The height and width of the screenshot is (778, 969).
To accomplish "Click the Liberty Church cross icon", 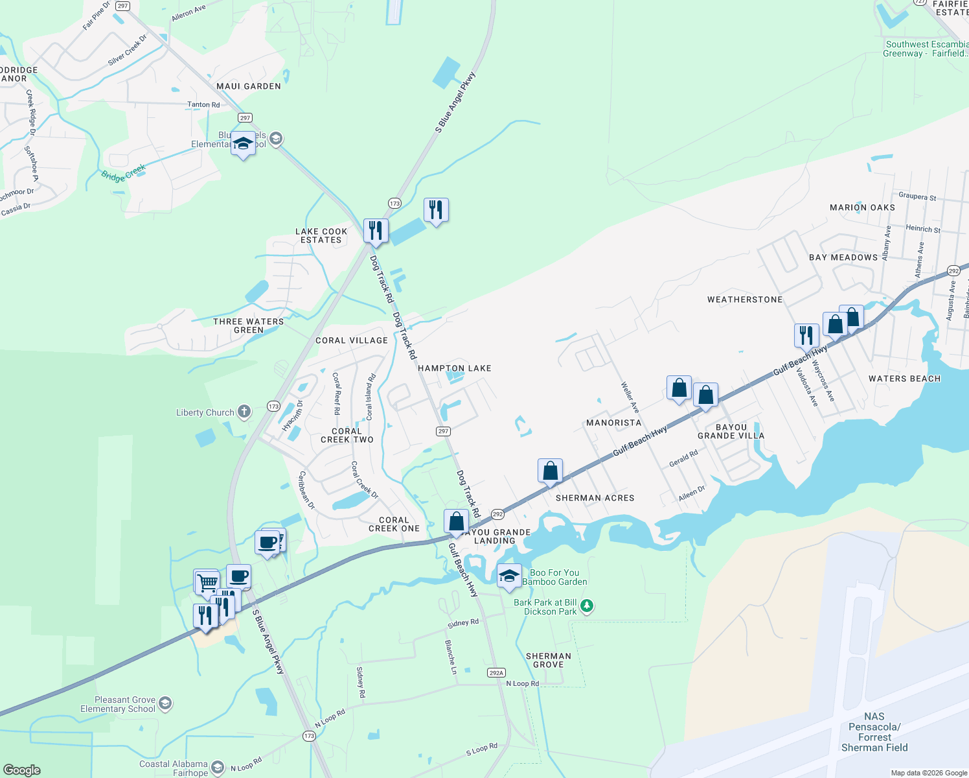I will (244, 411).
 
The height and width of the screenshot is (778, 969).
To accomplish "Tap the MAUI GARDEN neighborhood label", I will (249, 86).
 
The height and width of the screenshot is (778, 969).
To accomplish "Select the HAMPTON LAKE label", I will (454, 368).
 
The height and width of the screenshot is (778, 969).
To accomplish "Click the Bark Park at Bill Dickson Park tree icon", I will (586, 606).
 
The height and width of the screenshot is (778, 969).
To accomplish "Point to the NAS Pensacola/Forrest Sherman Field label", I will (874, 732).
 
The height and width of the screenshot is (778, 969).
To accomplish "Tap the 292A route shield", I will (496, 673).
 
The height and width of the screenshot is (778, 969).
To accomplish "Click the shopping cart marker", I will (207, 582).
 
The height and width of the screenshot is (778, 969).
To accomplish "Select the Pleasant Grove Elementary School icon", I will (165, 703).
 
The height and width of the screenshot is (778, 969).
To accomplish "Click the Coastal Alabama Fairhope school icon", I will (218, 768).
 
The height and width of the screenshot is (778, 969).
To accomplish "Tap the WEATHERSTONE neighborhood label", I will (745, 300).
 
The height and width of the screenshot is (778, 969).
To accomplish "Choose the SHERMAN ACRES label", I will (595, 498).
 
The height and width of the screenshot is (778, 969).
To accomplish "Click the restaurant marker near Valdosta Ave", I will (806, 335).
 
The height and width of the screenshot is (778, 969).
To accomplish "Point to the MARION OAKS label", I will (862, 207).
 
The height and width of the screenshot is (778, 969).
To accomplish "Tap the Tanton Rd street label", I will (203, 104).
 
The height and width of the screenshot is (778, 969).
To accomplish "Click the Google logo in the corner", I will (21, 770).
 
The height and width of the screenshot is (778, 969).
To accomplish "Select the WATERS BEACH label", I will (904, 379).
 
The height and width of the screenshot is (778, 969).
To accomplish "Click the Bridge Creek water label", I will (124, 173).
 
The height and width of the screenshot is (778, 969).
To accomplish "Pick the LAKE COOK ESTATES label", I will (321, 235).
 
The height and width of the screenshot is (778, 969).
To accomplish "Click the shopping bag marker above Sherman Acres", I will (550, 471).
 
